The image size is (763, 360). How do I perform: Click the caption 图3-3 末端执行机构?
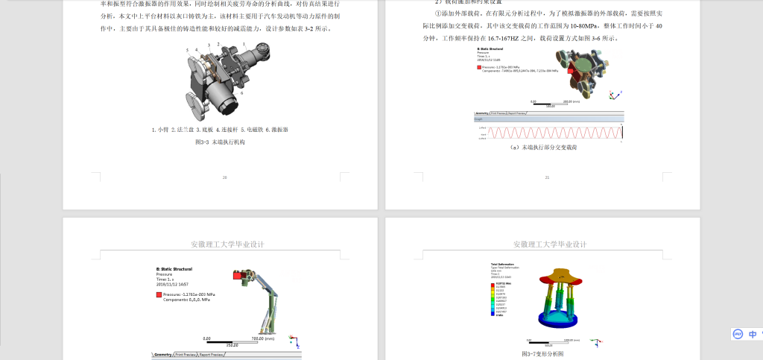(x=220, y=141)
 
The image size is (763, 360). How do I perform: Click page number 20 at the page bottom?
(x=224, y=177)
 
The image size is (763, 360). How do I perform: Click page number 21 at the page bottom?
(x=547, y=177)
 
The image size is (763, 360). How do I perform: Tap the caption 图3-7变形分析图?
(x=542, y=354)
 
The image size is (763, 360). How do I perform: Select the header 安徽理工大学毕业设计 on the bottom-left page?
(x=227, y=244)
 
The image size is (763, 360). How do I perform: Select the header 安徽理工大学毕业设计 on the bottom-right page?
(x=550, y=244)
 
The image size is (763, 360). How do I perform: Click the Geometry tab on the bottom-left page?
(x=162, y=355)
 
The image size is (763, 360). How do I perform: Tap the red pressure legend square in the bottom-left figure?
(x=159, y=295)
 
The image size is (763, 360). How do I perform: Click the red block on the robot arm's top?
(x=240, y=276)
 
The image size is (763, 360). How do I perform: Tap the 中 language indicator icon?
(x=753, y=335)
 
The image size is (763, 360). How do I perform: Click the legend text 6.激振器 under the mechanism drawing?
(x=276, y=129)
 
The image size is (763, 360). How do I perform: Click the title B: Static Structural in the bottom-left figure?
(x=174, y=268)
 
